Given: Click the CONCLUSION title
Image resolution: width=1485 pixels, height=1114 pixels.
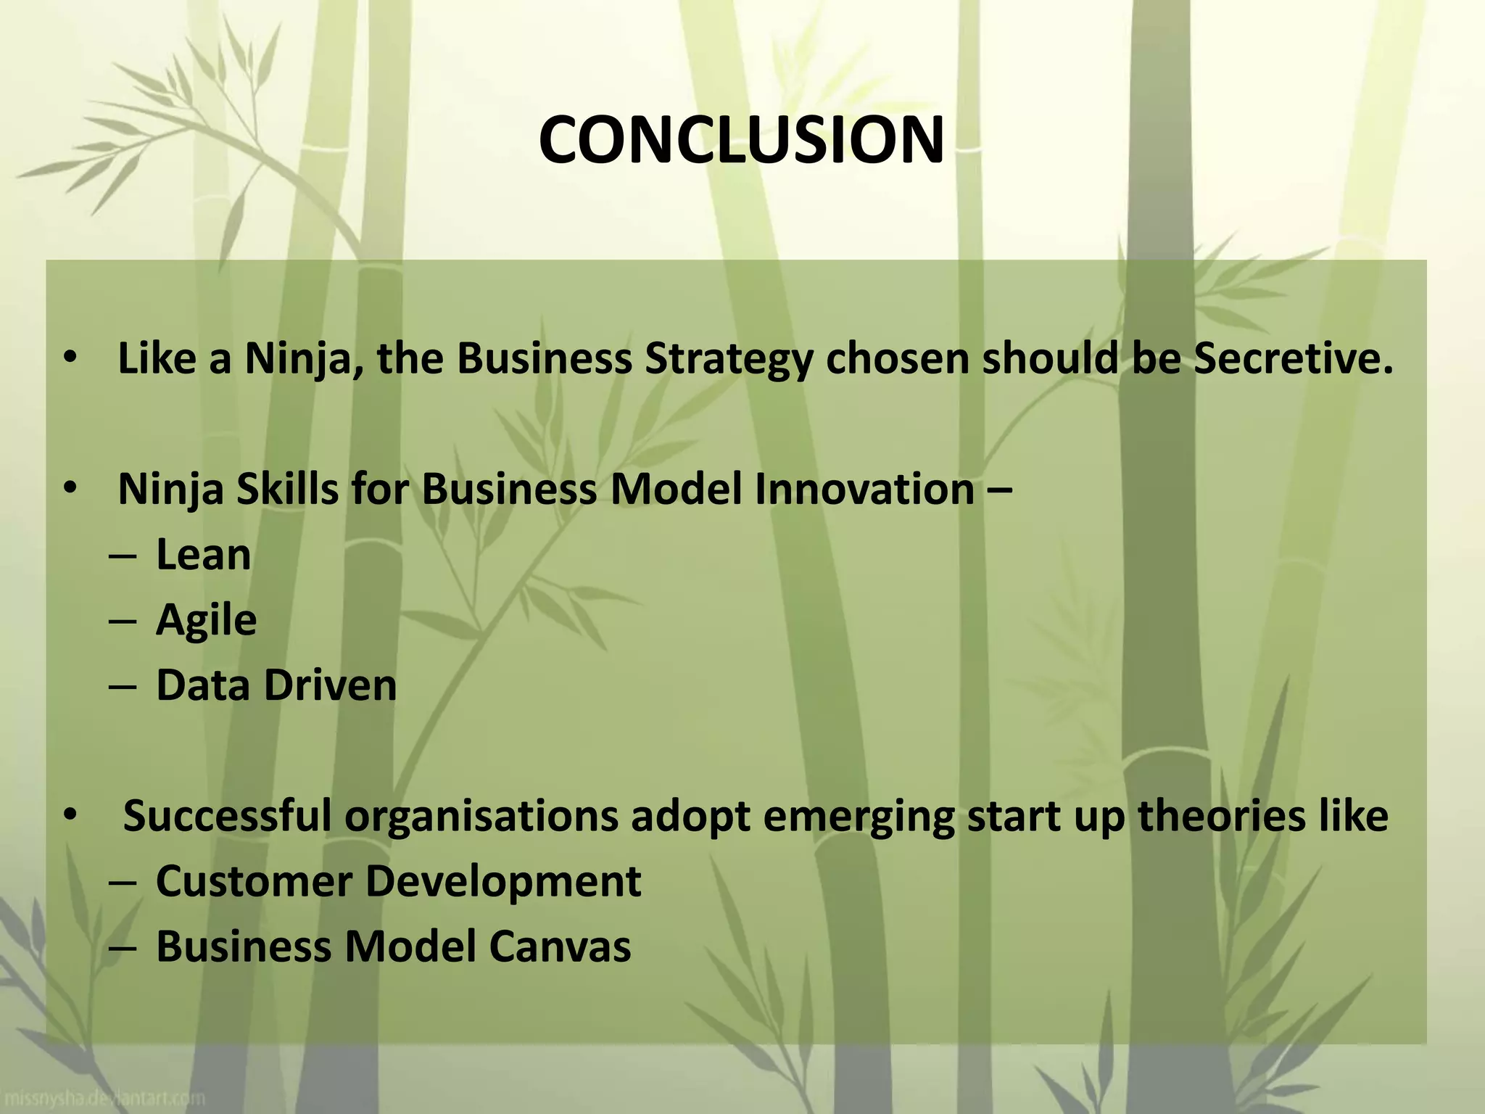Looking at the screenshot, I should point(741,140).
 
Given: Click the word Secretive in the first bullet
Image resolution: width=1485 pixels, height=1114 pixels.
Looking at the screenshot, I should point(1293,358).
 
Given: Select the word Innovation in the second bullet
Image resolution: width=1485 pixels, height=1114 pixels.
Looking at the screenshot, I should point(864,489).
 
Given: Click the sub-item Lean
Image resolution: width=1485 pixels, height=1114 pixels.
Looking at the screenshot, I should point(203,555).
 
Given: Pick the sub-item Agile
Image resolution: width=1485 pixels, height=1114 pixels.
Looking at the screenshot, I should point(206,621).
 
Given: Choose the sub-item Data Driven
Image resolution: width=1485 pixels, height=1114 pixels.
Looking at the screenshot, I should point(276,685).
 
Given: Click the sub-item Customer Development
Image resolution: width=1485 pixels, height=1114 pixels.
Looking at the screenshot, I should point(398,881).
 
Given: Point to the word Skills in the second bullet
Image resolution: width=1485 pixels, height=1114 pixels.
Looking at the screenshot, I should point(288,489).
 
